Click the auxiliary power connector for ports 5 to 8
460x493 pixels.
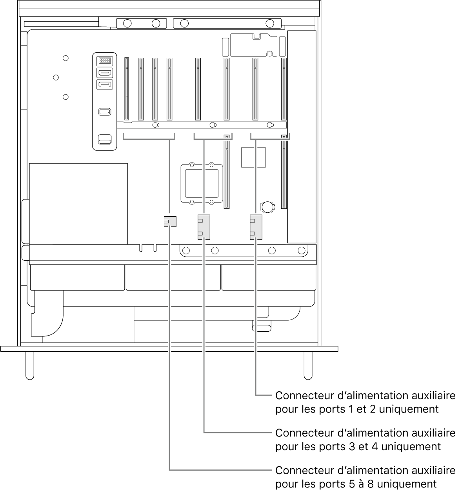coord(170,221)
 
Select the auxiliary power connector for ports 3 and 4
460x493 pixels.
coord(204,227)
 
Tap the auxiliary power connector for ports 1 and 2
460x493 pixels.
coord(256,227)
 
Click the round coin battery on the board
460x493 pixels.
coord(267,206)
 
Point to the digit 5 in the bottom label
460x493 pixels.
coord(349,484)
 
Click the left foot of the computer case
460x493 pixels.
coord(30,365)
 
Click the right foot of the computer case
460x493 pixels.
coord(308,365)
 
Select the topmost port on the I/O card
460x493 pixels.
coord(104,61)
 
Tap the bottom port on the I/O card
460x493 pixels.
coord(105,139)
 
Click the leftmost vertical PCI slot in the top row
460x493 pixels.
coord(127,89)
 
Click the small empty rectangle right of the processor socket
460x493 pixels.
coord(253,157)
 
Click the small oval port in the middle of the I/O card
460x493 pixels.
coord(105,112)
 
